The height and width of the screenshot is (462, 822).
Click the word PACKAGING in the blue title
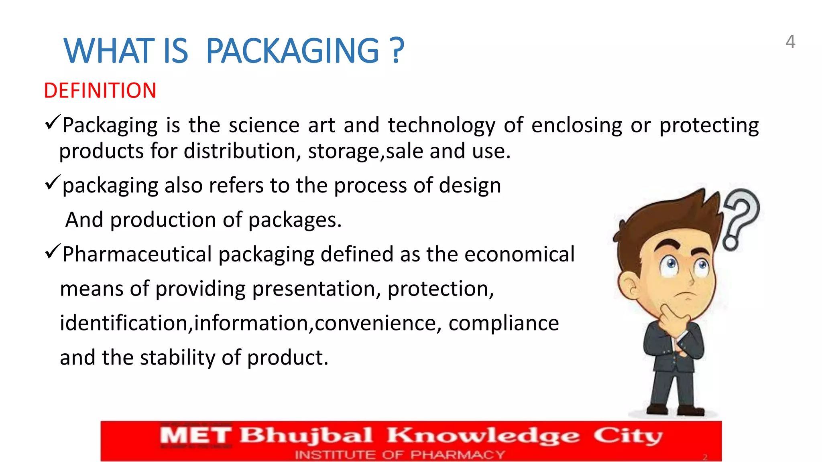(x=292, y=51)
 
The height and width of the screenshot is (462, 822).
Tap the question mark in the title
(x=397, y=51)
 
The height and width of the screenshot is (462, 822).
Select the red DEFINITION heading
(x=100, y=91)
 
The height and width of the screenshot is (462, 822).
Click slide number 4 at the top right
(x=790, y=42)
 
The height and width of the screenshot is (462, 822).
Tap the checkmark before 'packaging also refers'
(x=53, y=182)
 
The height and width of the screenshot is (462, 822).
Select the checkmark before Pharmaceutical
(x=53, y=251)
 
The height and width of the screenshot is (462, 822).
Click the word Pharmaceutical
(x=137, y=254)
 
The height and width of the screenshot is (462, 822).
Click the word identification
(x=124, y=323)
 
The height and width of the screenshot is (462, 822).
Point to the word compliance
(x=503, y=323)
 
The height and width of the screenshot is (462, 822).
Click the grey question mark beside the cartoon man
(x=741, y=217)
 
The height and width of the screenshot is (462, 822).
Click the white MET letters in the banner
(x=195, y=436)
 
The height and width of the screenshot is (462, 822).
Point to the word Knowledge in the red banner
(x=483, y=436)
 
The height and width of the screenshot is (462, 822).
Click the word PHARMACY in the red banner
(x=457, y=455)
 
